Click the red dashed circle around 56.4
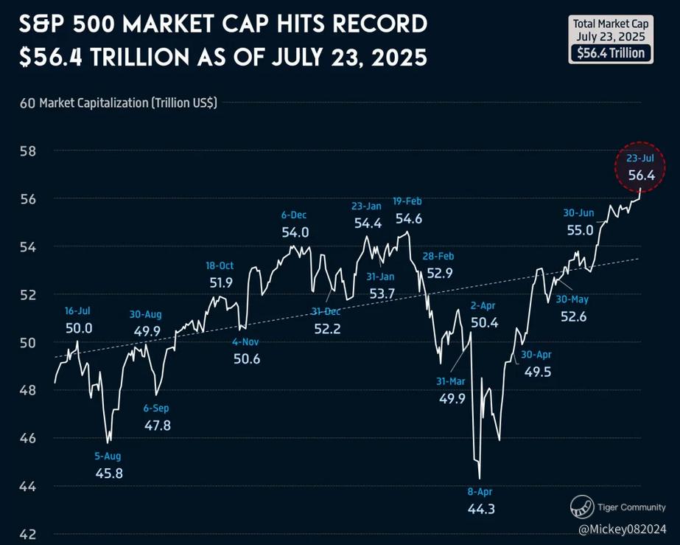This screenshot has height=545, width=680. [x=640, y=167]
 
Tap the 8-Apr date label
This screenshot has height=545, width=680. [x=481, y=492]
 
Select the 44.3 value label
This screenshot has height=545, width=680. [x=481, y=508]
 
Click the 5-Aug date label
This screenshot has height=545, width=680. [x=108, y=457]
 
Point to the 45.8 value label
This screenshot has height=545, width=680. [x=109, y=473]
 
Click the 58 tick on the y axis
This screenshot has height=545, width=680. [x=28, y=150]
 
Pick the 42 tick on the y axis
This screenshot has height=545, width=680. [x=28, y=535]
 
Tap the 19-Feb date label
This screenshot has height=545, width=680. [x=407, y=201]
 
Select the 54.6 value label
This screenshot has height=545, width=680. [x=409, y=218]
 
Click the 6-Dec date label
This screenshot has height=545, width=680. [x=294, y=215]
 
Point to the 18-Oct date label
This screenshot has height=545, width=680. [x=220, y=265]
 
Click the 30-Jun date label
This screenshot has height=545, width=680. [x=578, y=212]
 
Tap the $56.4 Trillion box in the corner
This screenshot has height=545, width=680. [x=610, y=53]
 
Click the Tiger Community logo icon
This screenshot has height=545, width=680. [x=581, y=507]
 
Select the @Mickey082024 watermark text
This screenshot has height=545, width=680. [x=622, y=530]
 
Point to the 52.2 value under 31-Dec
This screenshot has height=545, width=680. [x=327, y=329]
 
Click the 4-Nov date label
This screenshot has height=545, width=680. [x=245, y=342]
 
